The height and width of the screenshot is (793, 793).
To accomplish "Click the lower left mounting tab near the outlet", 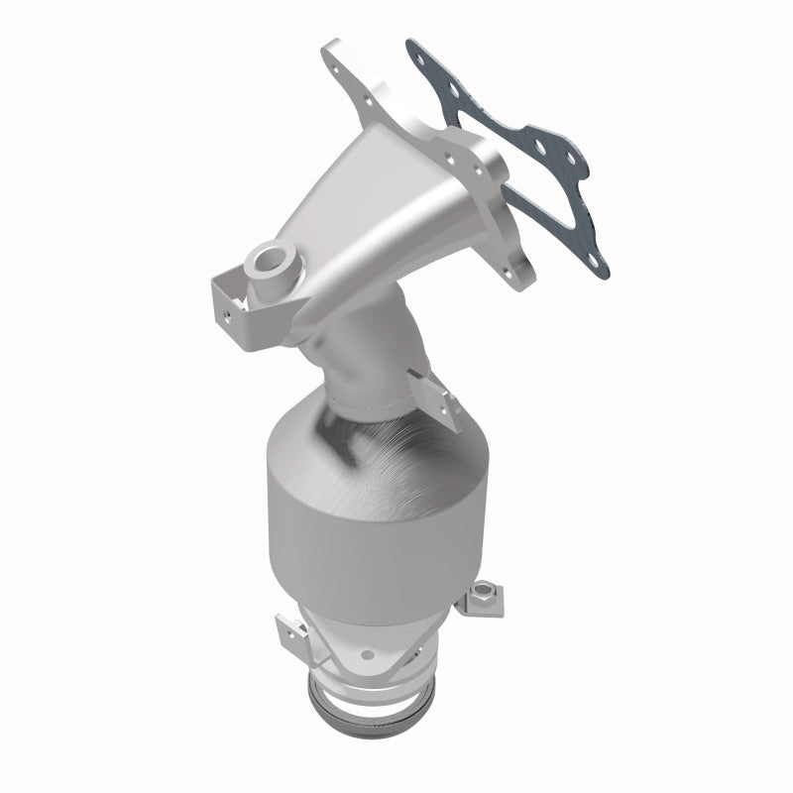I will point(288,633).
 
